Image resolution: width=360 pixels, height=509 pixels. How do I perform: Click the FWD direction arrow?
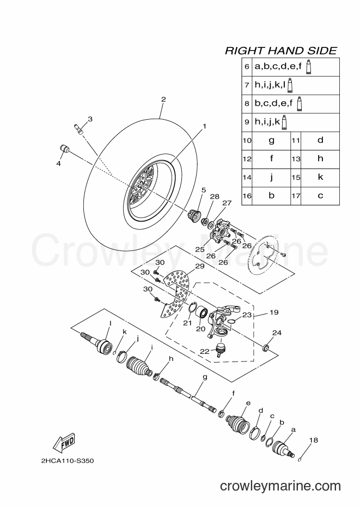coord(64,443)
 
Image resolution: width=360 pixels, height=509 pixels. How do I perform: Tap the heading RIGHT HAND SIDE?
coord(281,51)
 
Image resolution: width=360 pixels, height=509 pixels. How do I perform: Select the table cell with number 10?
coord(247,140)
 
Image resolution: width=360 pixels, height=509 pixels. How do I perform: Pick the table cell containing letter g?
coord(271,140)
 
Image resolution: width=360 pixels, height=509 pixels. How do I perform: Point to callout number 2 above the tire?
coord(163,99)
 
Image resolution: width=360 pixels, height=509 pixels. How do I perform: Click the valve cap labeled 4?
coord(64,149)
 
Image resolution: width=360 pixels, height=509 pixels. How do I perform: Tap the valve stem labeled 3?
coord(78,128)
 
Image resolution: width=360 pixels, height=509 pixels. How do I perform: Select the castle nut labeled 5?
coord(195,216)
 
